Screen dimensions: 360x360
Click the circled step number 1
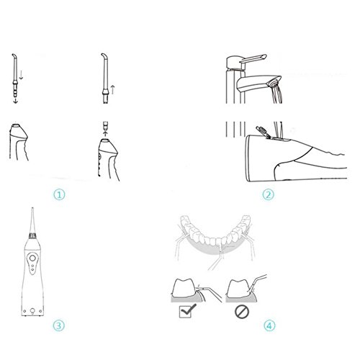point(59,194)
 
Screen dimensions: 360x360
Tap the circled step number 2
point(268,194)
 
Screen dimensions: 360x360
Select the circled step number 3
point(59,325)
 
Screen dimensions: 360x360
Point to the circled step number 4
point(269,325)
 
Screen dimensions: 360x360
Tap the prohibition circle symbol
point(242,312)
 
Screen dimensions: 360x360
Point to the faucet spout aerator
point(274,84)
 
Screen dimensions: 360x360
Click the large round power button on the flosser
point(32,258)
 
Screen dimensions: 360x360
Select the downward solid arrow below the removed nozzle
point(15,99)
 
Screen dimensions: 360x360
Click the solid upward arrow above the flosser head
point(105,132)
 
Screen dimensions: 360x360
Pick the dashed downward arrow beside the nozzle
point(21,74)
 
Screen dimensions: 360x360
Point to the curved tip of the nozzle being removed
point(14,57)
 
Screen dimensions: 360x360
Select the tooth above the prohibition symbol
point(238,287)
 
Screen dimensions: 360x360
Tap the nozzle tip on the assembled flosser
point(32,210)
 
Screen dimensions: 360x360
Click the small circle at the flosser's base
point(32,311)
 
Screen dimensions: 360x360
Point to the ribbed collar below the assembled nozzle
point(32,235)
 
